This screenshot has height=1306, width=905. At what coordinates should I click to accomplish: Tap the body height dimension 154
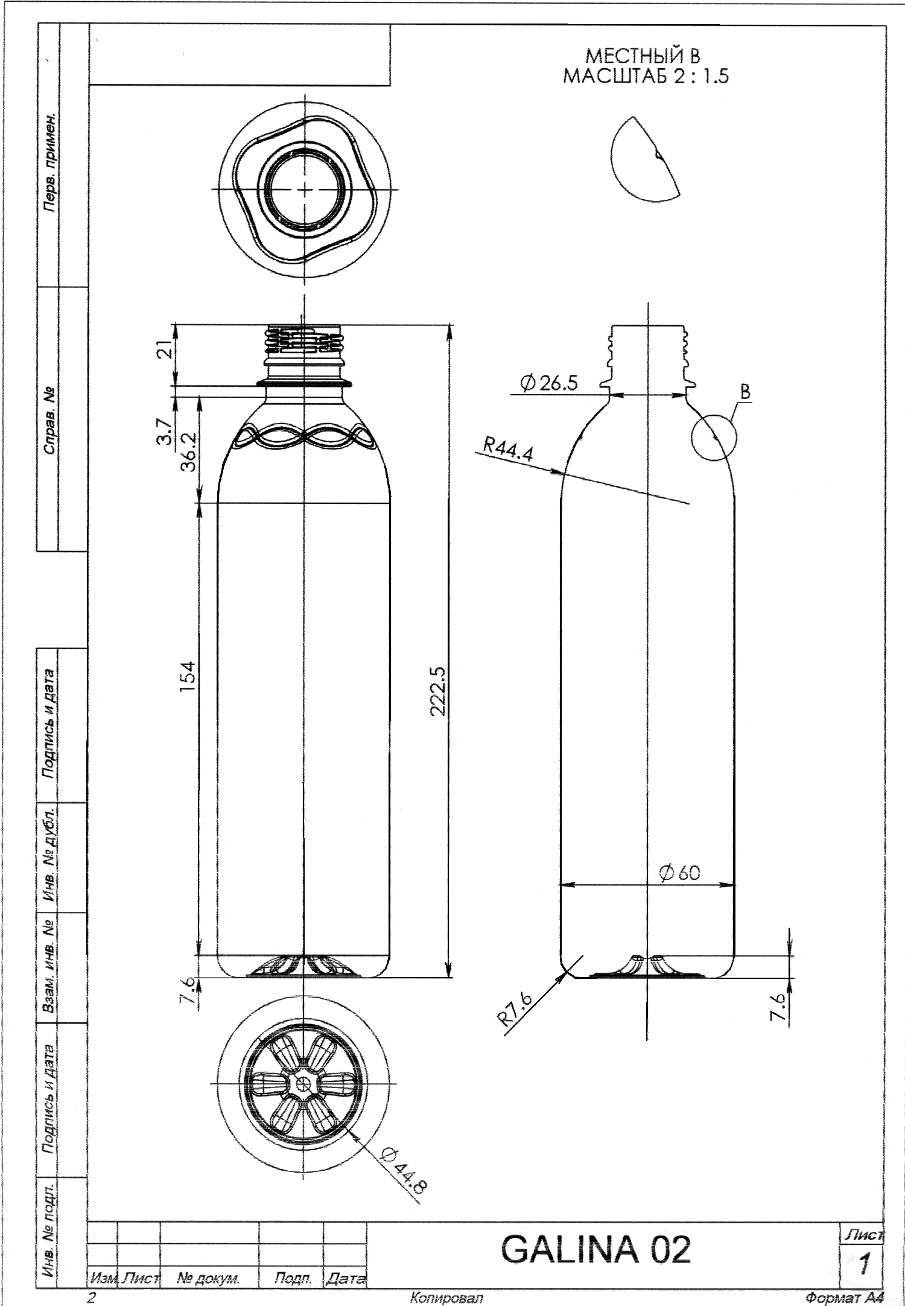(x=188, y=677)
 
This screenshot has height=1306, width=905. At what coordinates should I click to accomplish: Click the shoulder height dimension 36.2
(x=188, y=451)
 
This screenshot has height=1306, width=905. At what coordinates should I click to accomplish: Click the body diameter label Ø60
(x=680, y=873)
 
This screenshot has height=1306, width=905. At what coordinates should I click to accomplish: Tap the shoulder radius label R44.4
(x=509, y=450)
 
